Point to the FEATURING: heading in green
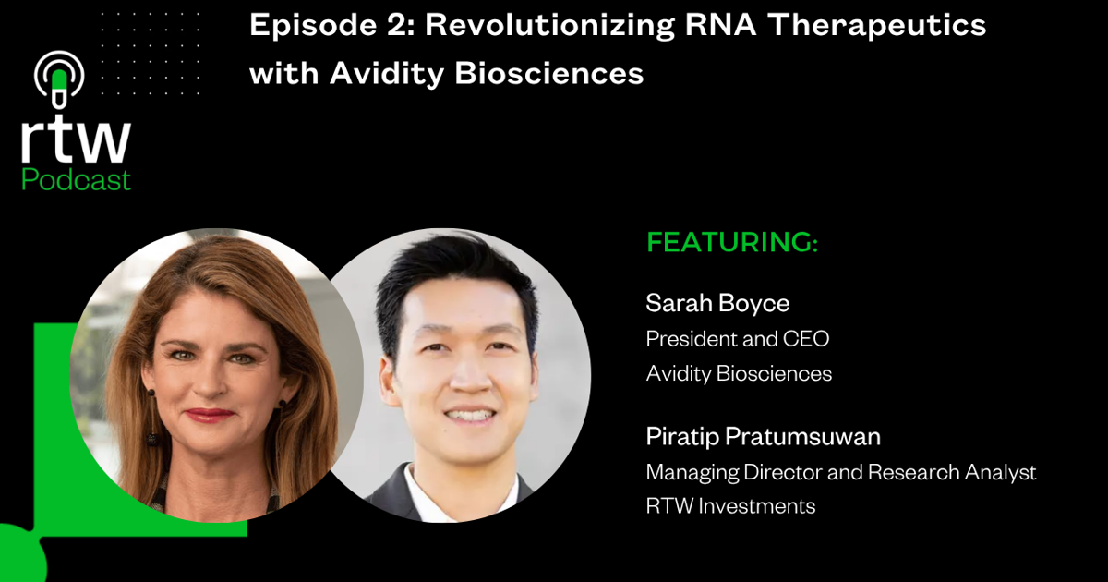[x=732, y=243]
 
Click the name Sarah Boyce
[x=717, y=303]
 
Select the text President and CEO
[x=737, y=339]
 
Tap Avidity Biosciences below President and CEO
[x=739, y=374]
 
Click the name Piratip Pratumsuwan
[x=763, y=437]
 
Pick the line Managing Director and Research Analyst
[x=840, y=472]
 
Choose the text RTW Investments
[x=730, y=506]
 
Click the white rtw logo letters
[x=76, y=140]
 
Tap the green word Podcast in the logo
[x=76, y=179]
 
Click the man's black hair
[x=452, y=273]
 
